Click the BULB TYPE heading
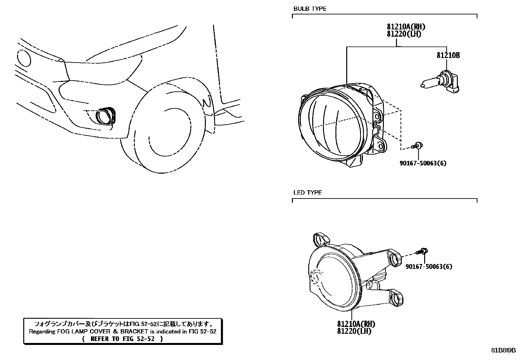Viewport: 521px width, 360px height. click(x=310, y=9)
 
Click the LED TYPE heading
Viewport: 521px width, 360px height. click(x=307, y=193)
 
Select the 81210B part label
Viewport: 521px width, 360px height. click(x=448, y=55)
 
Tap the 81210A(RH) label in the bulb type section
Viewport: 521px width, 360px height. click(x=406, y=27)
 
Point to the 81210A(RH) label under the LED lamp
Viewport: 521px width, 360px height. click(x=356, y=324)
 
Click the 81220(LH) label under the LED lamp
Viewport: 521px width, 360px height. click(x=354, y=331)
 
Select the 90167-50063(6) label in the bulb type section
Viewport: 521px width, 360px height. click(x=423, y=163)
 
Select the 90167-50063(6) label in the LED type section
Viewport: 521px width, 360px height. click(x=429, y=267)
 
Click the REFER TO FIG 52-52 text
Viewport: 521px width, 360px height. click(x=122, y=339)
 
